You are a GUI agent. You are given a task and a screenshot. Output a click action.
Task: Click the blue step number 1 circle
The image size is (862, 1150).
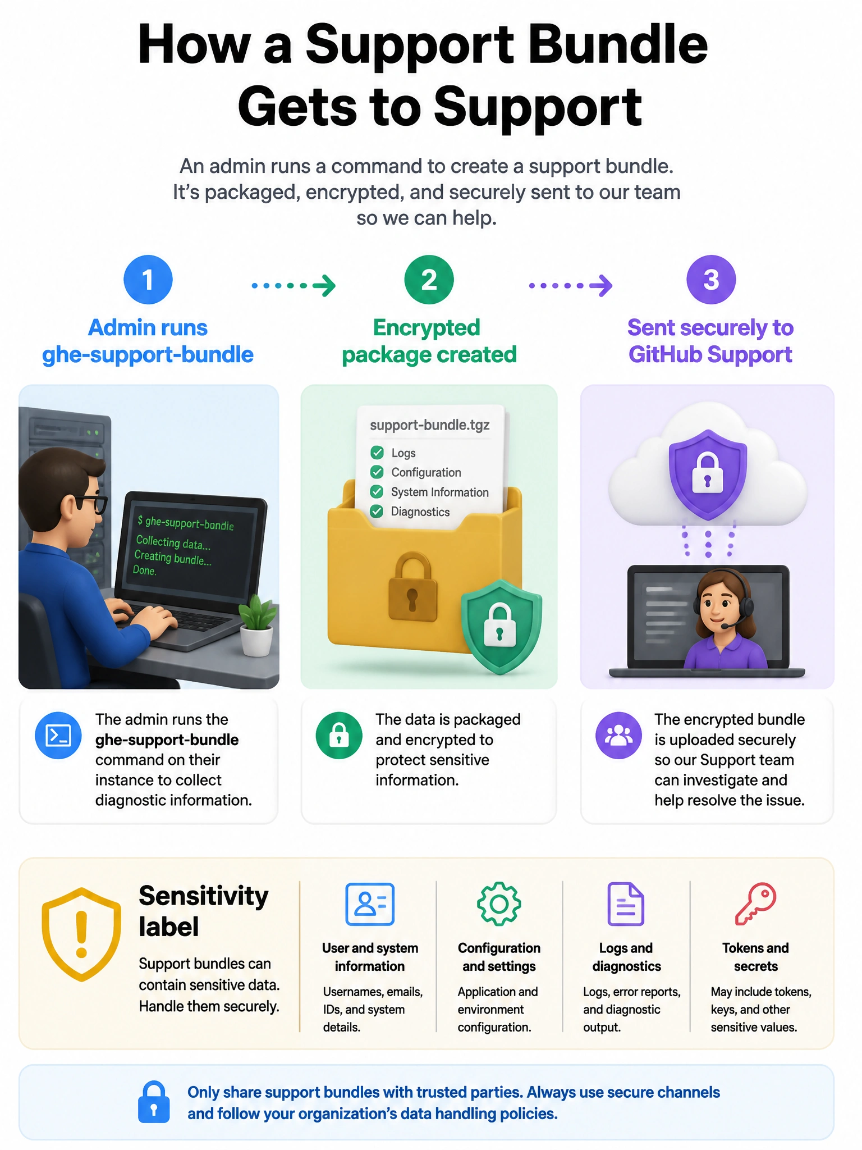click(x=148, y=280)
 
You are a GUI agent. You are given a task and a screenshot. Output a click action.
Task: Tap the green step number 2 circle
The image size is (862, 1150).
click(x=429, y=280)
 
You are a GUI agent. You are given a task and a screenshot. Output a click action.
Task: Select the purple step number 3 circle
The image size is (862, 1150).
click(x=711, y=280)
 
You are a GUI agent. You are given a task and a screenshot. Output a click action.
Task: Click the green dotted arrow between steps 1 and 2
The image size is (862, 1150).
click(x=294, y=285)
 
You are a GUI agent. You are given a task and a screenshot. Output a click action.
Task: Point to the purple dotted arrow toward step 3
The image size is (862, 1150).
click(x=571, y=285)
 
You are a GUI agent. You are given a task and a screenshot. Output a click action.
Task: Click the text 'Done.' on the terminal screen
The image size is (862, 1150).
click(x=145, y=571)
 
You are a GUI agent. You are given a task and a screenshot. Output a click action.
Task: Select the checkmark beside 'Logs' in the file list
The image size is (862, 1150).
click(x=377, y=453)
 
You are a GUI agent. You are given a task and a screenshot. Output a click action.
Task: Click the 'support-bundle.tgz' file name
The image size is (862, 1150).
click(x=430, y=425)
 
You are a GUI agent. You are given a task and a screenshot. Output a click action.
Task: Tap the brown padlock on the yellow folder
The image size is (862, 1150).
click(x=412, y=587)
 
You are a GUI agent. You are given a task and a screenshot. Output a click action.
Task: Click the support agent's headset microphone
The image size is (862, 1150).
click(x=730, y=624)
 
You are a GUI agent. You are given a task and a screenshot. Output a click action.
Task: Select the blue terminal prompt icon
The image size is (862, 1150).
click(x=58, y=736)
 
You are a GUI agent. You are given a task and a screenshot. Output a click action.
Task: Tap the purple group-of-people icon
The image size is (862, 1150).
click(x=618, y=736)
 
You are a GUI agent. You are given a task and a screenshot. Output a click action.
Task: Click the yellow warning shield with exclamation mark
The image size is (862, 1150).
click(x=81, y=934)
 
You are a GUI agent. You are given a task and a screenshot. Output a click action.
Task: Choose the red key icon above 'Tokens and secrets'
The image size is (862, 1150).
click(x=755, y=904)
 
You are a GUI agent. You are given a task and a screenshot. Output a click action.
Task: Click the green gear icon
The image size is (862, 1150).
click(x=499, y=904)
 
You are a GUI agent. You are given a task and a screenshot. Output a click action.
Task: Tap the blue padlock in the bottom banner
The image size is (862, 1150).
click(x=154, y=1102)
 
